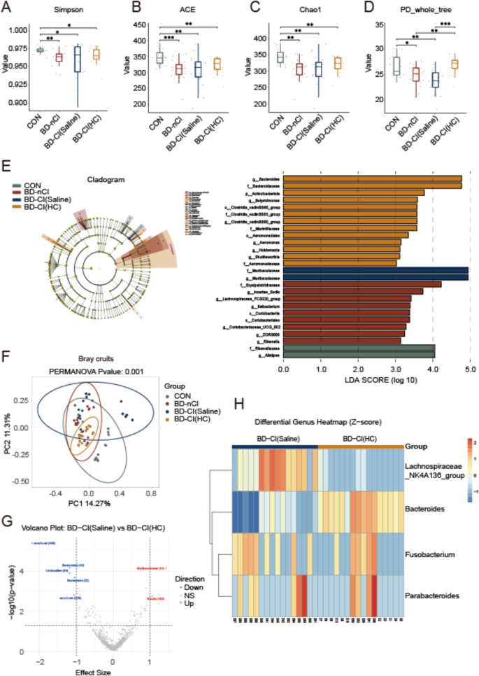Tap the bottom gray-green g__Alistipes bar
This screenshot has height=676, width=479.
[359, 355]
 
